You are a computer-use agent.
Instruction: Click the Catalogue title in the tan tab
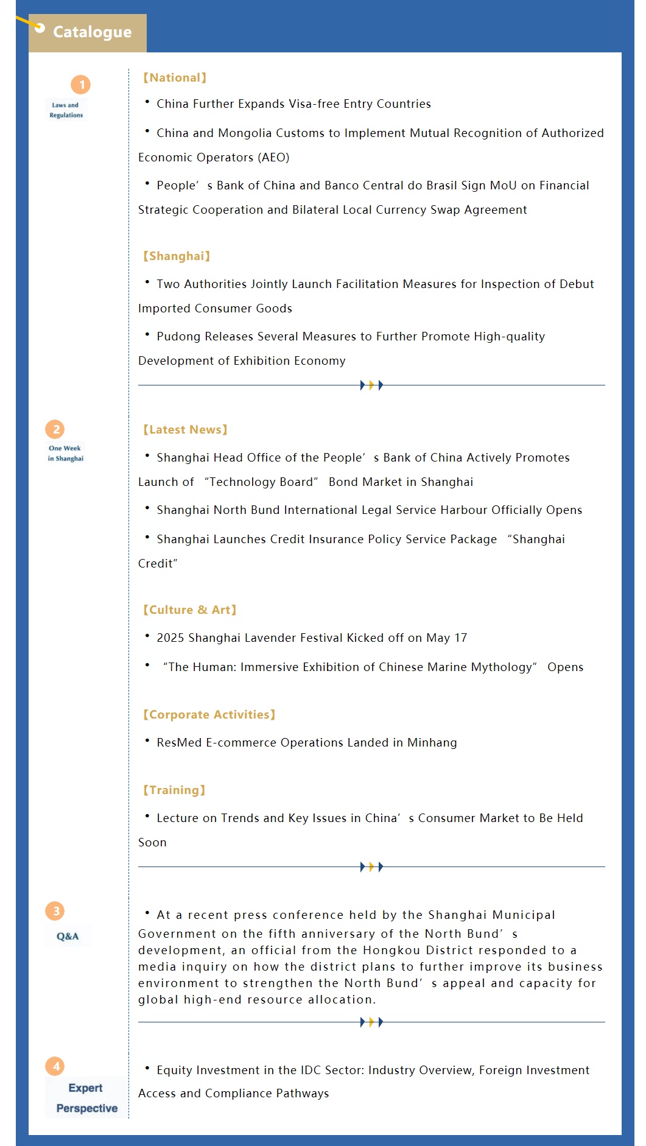[x=92, y=32]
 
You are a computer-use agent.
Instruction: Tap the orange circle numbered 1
[x=80, y=85]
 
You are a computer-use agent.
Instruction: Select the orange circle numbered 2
[x=55, y=429]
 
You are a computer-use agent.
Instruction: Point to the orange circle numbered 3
[x=55, y=911]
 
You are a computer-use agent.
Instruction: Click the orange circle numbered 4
[x=55, y=1066]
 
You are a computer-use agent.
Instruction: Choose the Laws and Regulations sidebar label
[x=66, y=110]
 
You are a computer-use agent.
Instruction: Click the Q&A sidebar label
[x=68, y=936]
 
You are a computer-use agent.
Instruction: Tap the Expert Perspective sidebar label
[x=86, y=1098]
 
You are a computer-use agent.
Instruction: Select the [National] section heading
[x=175, y=78]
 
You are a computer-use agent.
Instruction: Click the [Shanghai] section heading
[x=177, y=256]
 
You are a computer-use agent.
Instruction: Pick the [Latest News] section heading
[x=185, y=430]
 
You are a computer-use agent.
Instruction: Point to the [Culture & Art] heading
[x=189, y=610]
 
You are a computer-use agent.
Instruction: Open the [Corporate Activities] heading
[x=209, y=715]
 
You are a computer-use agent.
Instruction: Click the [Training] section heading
[x=174, y=790]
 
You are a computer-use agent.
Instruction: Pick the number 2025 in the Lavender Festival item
[x=170, y=638]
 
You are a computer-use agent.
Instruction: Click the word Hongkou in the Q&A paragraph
[x=390, y=951]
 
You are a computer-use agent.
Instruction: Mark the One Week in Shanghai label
[x=65, y=453]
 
